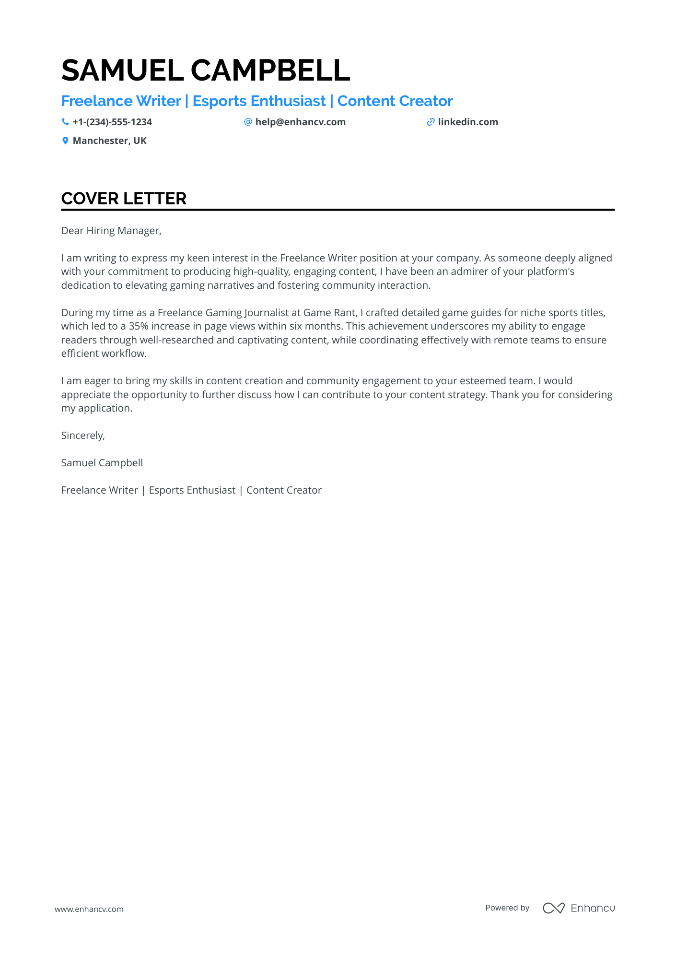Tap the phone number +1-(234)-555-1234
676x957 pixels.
coord(112,122)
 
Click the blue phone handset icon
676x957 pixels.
coord(65,122)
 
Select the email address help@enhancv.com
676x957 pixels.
coord(300,122)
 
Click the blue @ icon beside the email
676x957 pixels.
coord(248,122)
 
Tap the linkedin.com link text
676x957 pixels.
coord(468,122)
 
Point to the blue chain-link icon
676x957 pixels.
coord(431,122)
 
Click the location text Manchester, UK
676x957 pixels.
coord(109,141)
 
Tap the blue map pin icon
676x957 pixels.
coord(65,141)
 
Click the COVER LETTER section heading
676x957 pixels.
coord(124,199)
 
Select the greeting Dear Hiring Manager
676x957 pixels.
coord(111,231)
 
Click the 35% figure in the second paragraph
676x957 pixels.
coord(138,326)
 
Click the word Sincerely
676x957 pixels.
coord(82,436)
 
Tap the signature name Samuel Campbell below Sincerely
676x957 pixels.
coord(102,463)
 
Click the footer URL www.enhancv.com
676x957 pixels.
coord(89,909)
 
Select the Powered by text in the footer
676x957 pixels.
coord(507,908)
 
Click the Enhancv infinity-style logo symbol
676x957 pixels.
coord(553,908)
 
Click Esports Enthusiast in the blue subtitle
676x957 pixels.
coord(259,101)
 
